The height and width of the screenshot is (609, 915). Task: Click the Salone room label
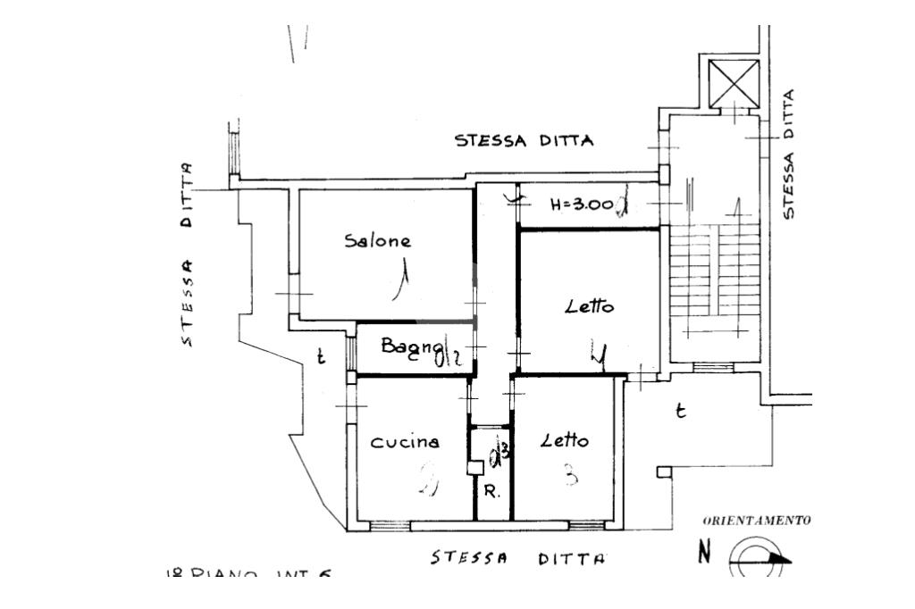[x=379, y=241]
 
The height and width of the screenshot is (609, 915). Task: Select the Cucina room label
[x=406, y=441]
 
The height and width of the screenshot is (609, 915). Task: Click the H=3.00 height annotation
[x=582, y=204]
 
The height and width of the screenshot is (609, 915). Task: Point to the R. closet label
[x=491, y=492]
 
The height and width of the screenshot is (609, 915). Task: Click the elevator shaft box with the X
[x=733, y=84]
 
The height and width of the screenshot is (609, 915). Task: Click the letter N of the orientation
[x=705, y=554]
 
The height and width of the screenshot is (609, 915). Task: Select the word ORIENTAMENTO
[x=757, y=521]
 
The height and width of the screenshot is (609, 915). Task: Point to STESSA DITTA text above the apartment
[x=525, y=141]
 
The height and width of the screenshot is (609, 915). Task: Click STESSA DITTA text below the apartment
[x=517, y=559]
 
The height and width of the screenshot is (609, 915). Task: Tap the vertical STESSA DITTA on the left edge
[x=187, y=254]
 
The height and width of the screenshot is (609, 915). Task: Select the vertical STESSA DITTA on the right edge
[x=787, y=154]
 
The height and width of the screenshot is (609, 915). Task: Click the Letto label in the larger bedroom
[x=590, y=307]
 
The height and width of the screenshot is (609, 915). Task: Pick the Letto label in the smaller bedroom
[x=565, y=441]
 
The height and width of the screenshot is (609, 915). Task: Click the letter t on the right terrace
[x=681, y=412]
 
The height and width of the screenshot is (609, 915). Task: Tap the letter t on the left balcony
[x=321, y=359]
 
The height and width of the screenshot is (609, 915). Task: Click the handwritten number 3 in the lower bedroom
[x=569, y=476]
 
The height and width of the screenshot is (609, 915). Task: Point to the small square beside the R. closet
[x=475, y=467]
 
